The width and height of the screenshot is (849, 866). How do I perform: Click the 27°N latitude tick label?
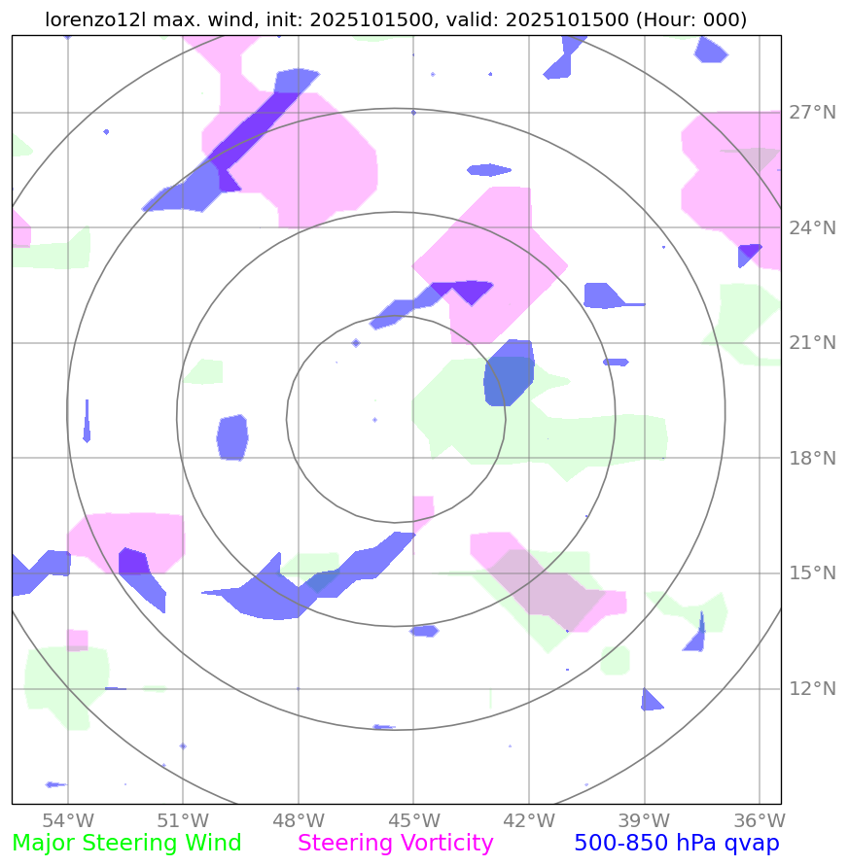point(812,113)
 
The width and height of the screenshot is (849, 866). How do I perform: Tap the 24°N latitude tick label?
point(812,227)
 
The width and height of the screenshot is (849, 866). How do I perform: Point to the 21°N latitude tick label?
point(812,343)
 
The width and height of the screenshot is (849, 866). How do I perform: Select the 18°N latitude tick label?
point(812,458)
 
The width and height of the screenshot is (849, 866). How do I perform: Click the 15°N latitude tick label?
point(812,573)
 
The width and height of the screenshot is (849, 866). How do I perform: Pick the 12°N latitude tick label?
point(812,689)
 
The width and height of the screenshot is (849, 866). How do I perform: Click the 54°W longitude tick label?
point(67,819)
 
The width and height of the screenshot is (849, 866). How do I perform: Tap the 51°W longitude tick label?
point(183,819)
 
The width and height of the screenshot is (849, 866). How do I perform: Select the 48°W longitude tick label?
point(298,819)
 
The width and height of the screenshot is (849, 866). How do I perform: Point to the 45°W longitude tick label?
point(413,819)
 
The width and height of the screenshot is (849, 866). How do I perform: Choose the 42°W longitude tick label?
point(528,819)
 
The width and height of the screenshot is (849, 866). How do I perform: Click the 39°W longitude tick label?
point(644,819)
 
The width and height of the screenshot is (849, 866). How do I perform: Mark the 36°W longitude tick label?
point(759,819)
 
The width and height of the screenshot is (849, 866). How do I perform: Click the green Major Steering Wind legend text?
point(126,844)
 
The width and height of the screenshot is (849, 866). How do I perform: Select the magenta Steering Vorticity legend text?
point(396,844)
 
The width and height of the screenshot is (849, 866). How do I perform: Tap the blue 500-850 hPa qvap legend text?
point(677,844)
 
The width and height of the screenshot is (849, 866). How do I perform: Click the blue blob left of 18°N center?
point(232,436)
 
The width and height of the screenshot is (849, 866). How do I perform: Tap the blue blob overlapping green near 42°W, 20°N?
point(509,372)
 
